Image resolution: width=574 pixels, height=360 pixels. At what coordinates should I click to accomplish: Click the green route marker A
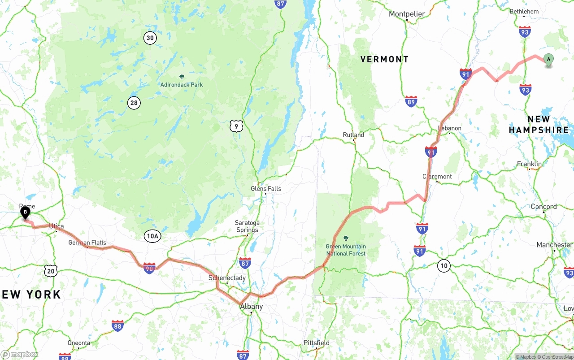(548, 60)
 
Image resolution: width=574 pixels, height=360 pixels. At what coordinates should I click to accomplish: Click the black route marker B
(26, 213)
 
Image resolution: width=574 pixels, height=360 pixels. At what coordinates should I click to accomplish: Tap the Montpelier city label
(407, 14)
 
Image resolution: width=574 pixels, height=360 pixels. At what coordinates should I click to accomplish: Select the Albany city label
(252, 307)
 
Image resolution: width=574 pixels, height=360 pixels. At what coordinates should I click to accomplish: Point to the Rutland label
(353, 134)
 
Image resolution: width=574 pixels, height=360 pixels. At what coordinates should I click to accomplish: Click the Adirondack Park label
(182, 84)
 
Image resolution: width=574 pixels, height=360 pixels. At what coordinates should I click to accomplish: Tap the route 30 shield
(150, 38)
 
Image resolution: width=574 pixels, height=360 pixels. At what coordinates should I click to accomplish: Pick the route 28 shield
(134, 103)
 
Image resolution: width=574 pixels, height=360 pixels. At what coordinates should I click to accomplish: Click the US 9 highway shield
(236, 126)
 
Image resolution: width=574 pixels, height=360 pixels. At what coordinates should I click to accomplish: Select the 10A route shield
(152, 236)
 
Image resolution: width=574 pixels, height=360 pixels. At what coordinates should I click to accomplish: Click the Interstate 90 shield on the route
(150, 268)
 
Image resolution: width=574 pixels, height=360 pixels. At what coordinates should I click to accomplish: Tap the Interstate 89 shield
(411, 101)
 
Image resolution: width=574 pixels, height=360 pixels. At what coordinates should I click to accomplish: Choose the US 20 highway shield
(51, 270)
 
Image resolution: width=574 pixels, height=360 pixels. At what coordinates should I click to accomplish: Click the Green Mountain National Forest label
(346, 250)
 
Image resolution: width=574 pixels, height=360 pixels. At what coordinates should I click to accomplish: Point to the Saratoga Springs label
(247, 226)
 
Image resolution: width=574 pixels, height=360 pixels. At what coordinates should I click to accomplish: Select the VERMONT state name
(384, 59)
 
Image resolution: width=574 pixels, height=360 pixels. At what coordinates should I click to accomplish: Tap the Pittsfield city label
(317, 343)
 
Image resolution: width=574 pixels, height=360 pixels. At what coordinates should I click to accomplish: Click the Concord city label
(544, 207)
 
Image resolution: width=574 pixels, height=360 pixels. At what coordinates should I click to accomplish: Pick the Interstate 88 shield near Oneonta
(117, 325)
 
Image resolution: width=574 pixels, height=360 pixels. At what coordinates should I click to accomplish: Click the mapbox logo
(20, 354)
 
